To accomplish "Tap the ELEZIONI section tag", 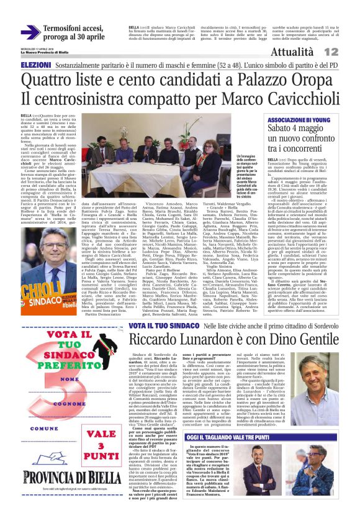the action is pyautogui.click(x=36, y=65).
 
